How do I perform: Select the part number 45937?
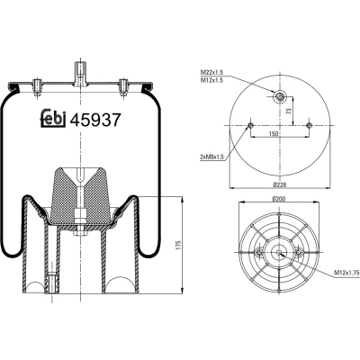click(95, 120)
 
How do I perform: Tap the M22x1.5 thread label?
click(212, 72)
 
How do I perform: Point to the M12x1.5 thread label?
click(212, 80)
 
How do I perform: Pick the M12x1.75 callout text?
click(346, 273)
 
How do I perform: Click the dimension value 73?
click(289, 112)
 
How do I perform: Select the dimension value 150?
click(273, 133)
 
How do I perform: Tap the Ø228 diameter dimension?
click(280, 184)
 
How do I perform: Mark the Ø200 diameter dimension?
click(279, 199)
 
